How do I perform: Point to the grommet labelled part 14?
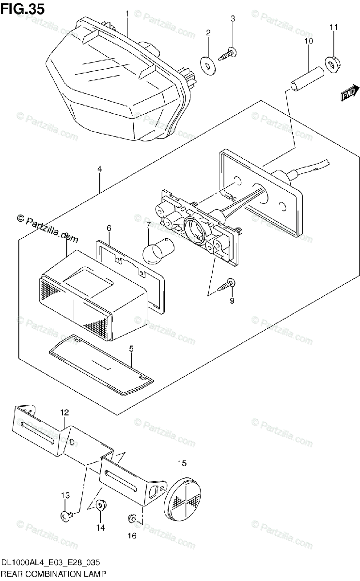[101, 505]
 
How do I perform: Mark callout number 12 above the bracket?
[64, 412]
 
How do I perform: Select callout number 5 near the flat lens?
[131, 348]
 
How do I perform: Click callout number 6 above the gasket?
[109, 228]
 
